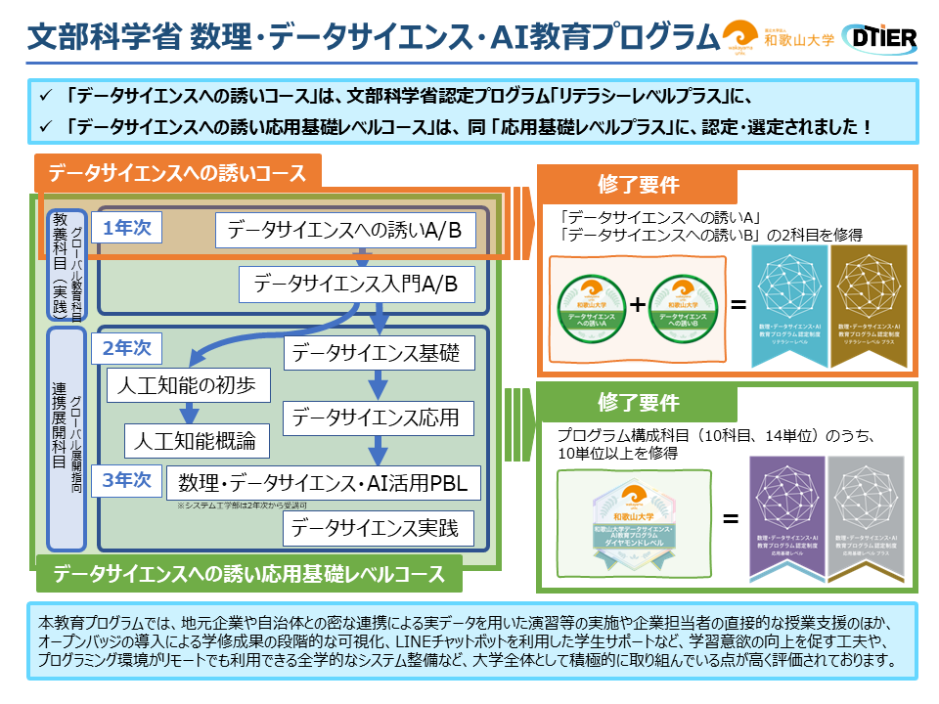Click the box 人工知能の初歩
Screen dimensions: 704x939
tap(188, 384)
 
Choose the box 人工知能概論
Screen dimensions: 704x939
tap(197, 439)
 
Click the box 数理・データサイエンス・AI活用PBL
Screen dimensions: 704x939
tap(324, 483)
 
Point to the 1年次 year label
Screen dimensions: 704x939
tap(127, 227)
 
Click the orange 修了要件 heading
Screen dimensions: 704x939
tap(638, 185)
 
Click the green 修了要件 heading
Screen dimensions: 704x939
tap(638, 402)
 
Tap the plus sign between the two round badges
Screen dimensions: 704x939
tap(638, 304)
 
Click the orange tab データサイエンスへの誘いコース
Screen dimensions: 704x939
tap(177, 174)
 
